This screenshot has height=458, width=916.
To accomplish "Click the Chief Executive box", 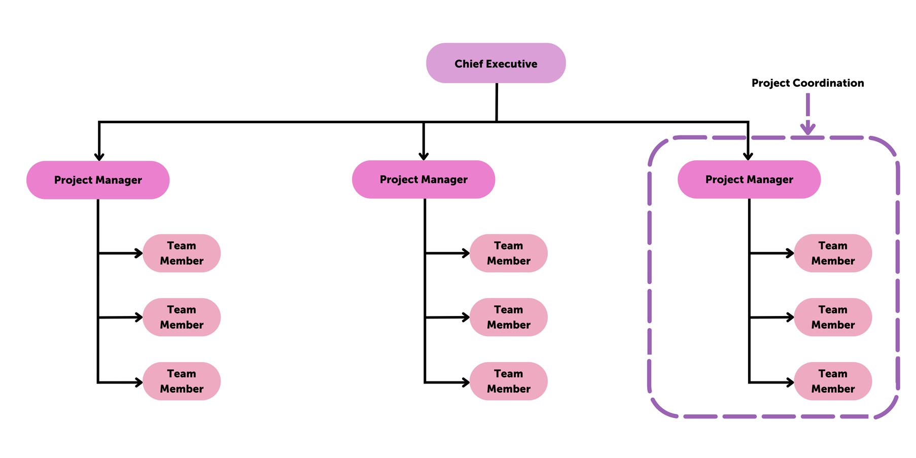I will pos(496,63).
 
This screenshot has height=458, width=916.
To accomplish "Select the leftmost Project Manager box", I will pos(98,180).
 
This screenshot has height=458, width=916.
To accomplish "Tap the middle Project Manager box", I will pos(424,180).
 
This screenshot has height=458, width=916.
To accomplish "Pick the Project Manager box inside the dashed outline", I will pos(749,180).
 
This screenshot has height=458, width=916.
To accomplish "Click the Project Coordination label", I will pos(807,83).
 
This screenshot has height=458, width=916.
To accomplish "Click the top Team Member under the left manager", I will pos(182,253).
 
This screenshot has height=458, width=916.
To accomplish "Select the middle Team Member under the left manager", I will pos(182,317).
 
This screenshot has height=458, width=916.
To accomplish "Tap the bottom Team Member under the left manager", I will pos(182,381).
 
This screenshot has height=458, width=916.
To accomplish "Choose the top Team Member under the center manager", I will pos(509,253).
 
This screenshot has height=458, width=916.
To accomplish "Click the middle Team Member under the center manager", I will pos(509,317).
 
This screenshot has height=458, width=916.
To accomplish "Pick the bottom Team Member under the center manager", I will pos(509,381).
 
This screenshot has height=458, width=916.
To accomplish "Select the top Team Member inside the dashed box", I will pos(833,253).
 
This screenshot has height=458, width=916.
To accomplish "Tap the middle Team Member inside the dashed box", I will pos(833,317).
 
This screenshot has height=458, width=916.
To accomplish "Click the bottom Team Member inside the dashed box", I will pos(833,381).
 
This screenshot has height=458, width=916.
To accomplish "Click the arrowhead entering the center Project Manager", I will pos(424,156).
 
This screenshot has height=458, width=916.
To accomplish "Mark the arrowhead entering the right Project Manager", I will pos(748,156).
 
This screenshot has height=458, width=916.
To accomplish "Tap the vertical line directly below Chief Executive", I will pos(497,101).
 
